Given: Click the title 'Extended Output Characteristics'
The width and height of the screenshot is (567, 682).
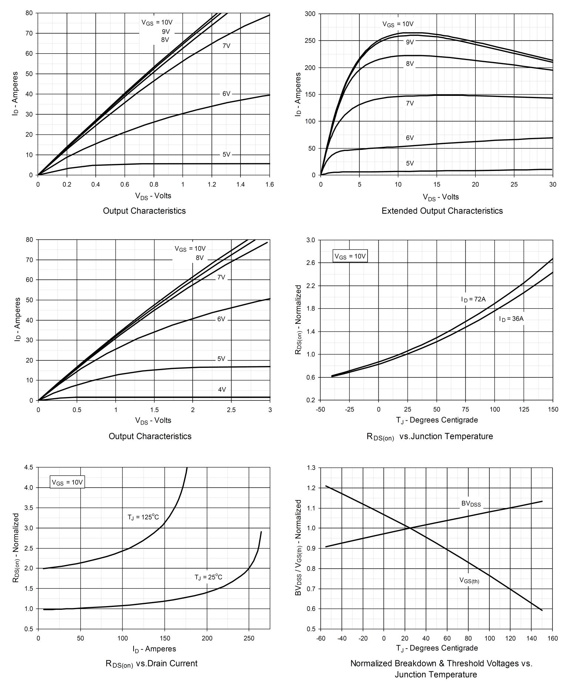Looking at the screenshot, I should point(442,211).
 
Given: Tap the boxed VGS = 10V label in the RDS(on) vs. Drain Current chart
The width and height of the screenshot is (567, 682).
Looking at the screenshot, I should point(67,483).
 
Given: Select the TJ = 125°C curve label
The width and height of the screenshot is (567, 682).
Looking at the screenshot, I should point(143,517).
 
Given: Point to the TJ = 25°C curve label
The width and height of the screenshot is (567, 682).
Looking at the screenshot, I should point(209,577).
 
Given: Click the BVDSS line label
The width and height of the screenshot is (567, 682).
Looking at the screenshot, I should point(470,504).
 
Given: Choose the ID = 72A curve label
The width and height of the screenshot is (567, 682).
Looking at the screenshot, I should point(473,299).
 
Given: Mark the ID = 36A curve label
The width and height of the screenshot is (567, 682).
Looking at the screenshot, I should point(511,319).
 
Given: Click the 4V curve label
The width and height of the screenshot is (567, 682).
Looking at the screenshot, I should point(222,389).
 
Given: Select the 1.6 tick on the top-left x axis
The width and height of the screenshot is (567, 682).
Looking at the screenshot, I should point(270,184).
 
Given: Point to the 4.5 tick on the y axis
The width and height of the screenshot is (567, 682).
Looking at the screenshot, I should point(28,467).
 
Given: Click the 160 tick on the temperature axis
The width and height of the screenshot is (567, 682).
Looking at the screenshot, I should point(553,638).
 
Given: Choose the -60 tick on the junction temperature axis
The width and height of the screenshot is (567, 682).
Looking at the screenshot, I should point(320,638).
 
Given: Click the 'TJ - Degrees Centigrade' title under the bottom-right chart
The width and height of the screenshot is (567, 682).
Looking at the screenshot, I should point(437,648).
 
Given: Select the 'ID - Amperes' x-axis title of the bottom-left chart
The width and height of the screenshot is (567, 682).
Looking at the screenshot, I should point(154,649).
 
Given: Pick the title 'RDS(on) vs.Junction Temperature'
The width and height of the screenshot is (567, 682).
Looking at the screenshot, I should point(429,437).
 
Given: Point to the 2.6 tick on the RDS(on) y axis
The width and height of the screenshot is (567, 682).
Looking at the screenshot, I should point(311,263).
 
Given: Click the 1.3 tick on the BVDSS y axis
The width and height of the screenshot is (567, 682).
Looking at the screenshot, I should point(311,468).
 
